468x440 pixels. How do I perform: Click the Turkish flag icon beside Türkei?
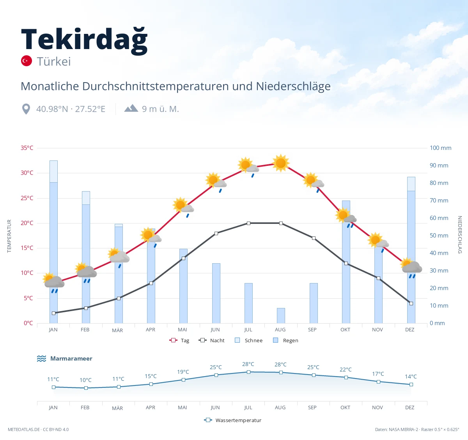pos(27,61)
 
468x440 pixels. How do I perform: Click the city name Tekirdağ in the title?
pos(84,41)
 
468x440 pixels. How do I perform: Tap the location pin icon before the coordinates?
pos(26,109)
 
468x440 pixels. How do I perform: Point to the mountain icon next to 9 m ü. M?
pos(131,108)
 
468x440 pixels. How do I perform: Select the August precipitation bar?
pos(281,315)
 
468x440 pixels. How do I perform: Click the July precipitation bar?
pos(248,303)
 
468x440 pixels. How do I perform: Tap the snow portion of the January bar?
pos(53,171)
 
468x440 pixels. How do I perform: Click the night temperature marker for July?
pos(248,223)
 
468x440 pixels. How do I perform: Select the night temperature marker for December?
pos(411,303)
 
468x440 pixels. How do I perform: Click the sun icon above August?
pos(281,163)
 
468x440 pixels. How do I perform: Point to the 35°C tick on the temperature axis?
pos(27,148)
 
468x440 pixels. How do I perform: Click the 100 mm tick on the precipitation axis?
pos(440,148)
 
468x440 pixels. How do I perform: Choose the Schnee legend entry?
pos(248,340)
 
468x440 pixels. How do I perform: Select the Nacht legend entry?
pos(211,340)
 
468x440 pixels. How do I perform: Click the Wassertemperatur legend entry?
pos(232,420)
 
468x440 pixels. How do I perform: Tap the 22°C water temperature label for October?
pos(346,370)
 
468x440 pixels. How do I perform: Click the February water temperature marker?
pos(86,388)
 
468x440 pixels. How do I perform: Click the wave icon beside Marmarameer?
pos(41,358)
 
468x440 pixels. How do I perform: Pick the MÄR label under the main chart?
pos(117,330)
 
